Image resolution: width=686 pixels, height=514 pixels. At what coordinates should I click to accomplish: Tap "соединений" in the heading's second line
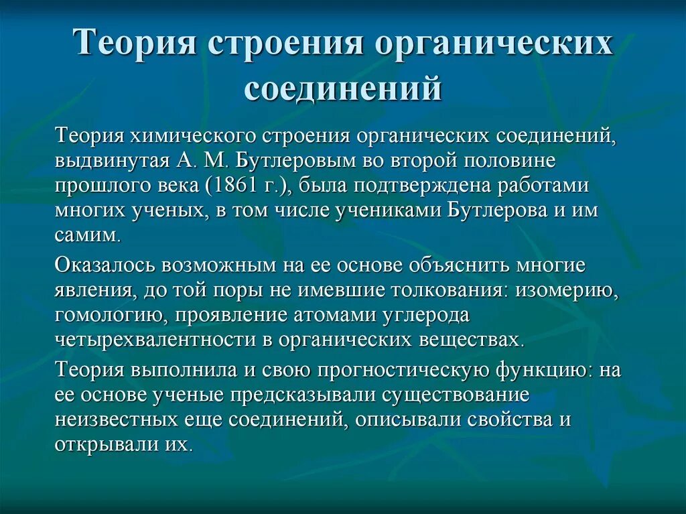pyautogui.click(x=343, y=88)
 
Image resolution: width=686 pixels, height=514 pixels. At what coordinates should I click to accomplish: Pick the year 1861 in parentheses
pyautogui.click(x=239, y=186)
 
